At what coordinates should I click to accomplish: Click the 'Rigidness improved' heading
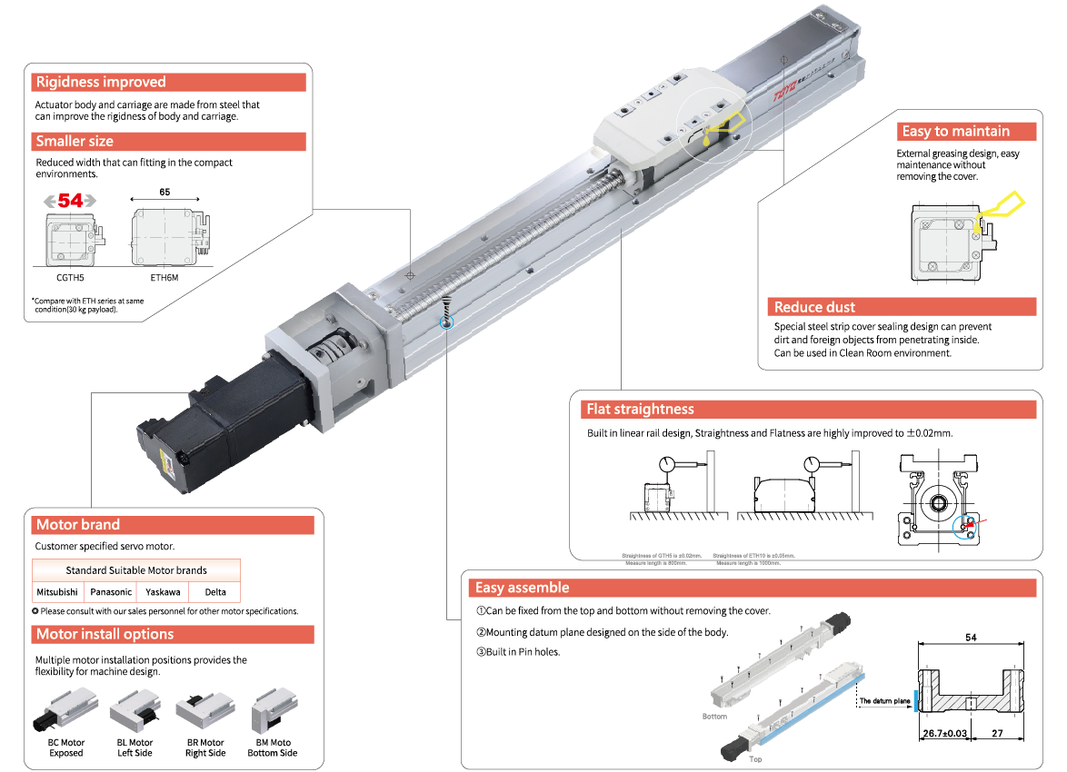pos(100,83)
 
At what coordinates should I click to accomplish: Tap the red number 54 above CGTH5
pos(70,201)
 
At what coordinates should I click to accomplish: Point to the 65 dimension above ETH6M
pos(165,193)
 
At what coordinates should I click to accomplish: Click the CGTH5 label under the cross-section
pos(70,278)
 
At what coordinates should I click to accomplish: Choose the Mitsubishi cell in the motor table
pos(57,591)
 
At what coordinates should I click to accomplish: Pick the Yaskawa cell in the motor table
pos(163,591)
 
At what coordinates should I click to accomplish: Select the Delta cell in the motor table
pos(215,591)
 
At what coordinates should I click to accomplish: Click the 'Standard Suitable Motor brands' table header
pos(136,570)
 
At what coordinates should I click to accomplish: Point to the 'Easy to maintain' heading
pos(955,132)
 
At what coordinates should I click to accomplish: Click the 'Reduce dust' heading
pos(814,307)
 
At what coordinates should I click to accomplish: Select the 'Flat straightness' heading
pos(640,410)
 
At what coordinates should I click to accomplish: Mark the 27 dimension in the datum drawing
pos(997,733)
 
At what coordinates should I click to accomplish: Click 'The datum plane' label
pos(884,701)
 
